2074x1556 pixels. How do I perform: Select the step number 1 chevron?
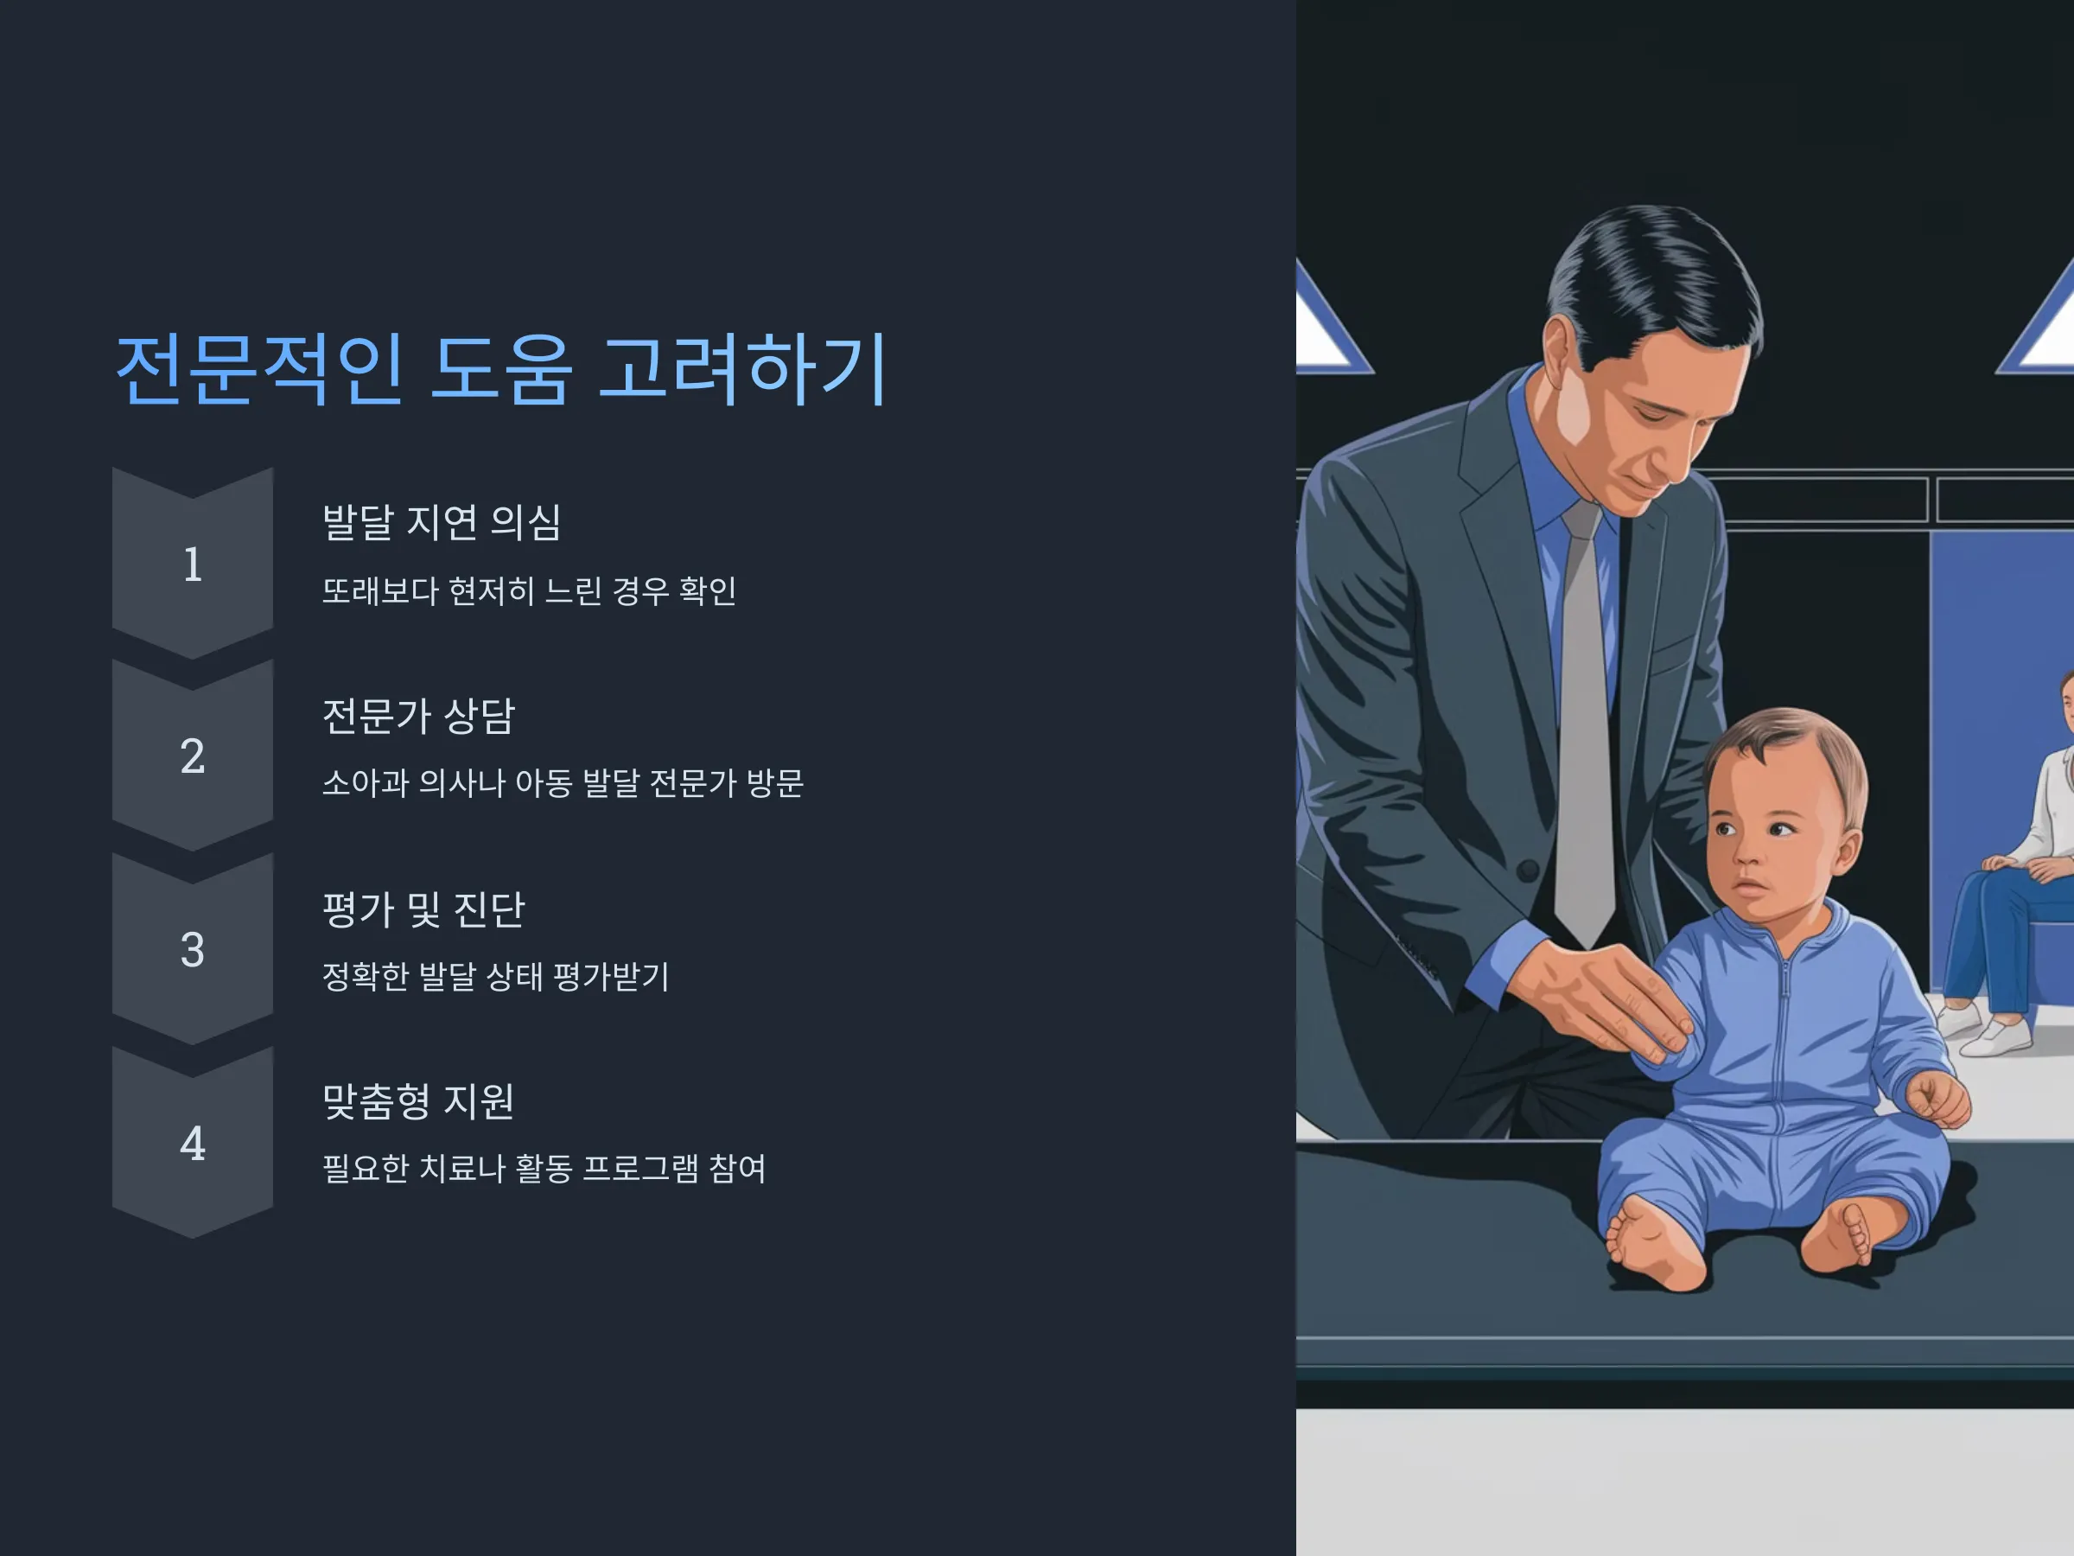[x=192, y=564]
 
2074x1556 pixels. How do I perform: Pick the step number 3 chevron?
[x=192, y=949]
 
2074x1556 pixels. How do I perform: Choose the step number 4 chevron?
[x=192, y=1143]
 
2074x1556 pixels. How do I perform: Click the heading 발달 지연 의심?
[x=442, y=522]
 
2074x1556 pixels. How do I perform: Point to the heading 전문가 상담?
[x=418, y=716]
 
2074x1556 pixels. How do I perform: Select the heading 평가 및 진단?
[x=423, y=909]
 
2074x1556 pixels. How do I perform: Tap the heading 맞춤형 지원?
[x=418, y=1101]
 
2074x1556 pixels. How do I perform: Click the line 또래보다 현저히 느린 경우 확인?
[x=529, y=591]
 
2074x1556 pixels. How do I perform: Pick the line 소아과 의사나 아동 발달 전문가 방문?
[x=563, y=783]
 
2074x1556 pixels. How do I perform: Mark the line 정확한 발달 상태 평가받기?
[x=495, y=976]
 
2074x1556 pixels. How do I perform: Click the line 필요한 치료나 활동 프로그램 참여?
[x=544, y=1169]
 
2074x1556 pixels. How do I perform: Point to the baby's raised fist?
[x=1938, y=1100]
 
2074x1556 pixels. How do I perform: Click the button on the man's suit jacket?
[x=1527, y=870]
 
